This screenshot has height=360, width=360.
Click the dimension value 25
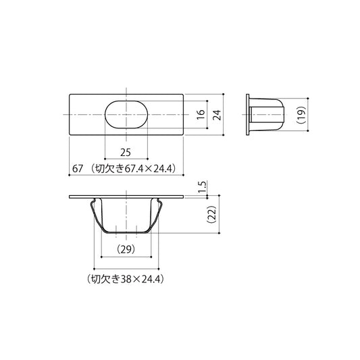126,153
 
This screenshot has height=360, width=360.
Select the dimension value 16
201,114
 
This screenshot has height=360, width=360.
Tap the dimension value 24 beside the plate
217,115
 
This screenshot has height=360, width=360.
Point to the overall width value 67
78,169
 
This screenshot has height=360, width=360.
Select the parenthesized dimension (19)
301,115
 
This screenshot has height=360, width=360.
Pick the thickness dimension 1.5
203,187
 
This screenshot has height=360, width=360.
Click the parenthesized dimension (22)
211,214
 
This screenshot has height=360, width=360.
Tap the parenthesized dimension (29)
126,249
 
